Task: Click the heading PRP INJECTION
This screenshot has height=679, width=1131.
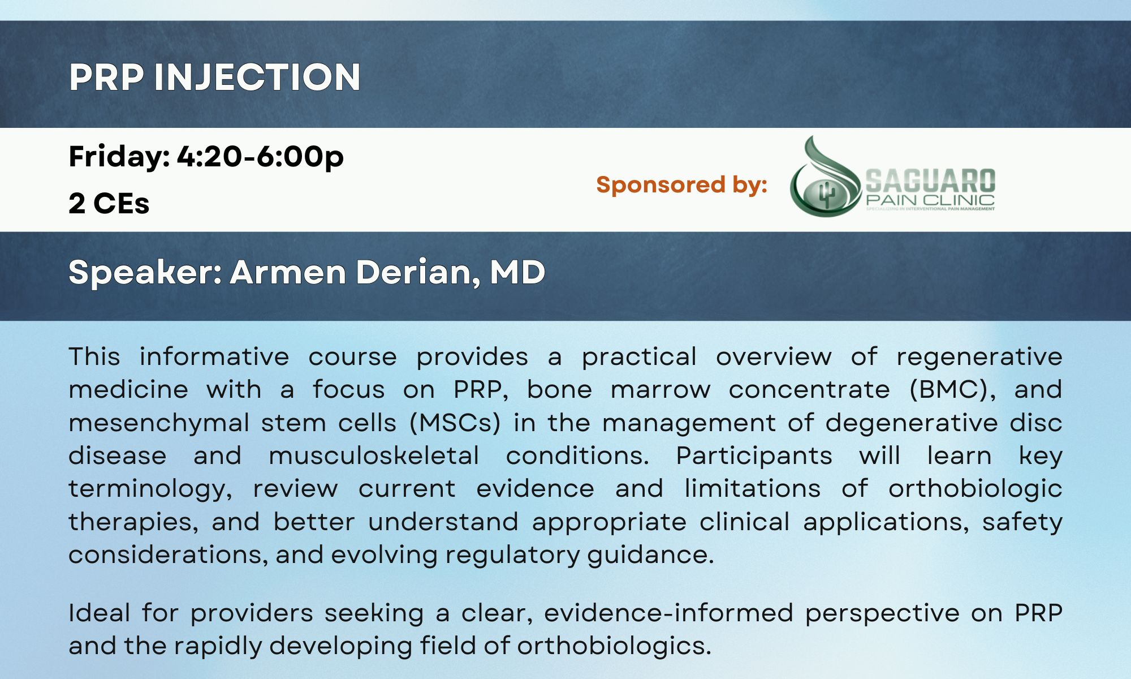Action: (x=215, y=77)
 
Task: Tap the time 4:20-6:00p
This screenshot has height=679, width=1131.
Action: (x=261, y=157)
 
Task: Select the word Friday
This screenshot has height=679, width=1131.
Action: (x=117, y=156)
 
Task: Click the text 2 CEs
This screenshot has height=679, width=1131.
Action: (x=109, y=203)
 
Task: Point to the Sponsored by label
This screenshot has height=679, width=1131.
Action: (x=681, y=184)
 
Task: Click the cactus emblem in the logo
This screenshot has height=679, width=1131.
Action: (x=827, y=195)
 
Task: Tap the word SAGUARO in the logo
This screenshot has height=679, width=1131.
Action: (x=930, y=181)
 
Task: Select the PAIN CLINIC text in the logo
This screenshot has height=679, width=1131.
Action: (x=930, y=200)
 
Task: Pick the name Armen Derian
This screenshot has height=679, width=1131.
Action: (x=351, y=272)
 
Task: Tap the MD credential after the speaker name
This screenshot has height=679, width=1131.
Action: (x=517, y=272)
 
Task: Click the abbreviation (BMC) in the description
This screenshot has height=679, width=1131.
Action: (x=952, y=390)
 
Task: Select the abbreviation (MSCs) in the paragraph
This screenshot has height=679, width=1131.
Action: (x=455, y=423)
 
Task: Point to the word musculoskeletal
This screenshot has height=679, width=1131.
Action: (x=374, y=455)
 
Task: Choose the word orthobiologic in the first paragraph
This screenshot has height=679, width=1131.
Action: (x=975, y=489)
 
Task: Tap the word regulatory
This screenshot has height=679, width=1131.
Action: (x=512, y=555)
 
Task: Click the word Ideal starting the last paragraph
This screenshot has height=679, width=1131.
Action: (x=99, y=613)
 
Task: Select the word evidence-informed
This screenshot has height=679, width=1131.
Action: (x=668, y=613)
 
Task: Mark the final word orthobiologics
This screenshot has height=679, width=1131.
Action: (x=614, y=646)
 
